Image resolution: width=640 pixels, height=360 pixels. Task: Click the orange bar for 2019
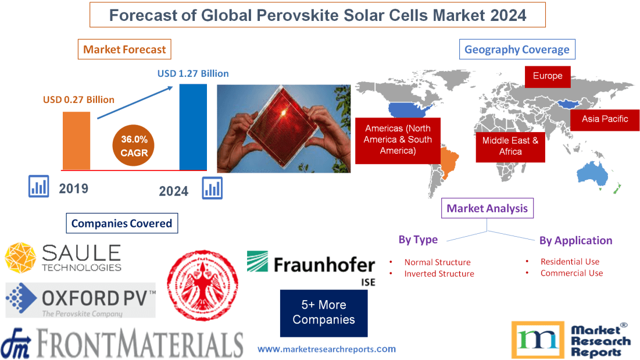click(76, 140)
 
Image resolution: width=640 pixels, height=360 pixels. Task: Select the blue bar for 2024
click(192, 127)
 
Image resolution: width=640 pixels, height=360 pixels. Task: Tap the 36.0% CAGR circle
click(134, 146)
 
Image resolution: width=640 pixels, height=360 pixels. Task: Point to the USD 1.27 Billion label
click(193, 74)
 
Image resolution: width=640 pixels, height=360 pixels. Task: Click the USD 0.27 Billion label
click(78, 99)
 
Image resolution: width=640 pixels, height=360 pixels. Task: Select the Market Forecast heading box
click(124, 49)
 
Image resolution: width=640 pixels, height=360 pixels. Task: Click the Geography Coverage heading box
click(517, 49)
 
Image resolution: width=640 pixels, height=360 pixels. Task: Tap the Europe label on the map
click(547, 76)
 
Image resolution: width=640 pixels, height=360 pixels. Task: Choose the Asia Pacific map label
click(606, 119)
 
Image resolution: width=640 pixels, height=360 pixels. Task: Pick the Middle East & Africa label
click(510, 146)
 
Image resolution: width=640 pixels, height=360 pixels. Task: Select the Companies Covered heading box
click(121, 223)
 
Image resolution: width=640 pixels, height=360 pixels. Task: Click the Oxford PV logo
click(81, 300)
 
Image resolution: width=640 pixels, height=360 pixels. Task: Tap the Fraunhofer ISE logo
click(311, 267)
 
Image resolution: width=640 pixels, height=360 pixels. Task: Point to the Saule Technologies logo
click(63, 258)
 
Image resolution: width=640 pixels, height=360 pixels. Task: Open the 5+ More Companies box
click(323, 312)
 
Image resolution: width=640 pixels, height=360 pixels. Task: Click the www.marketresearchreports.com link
click(326, 349)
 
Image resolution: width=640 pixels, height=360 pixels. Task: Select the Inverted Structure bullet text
click(439, 274)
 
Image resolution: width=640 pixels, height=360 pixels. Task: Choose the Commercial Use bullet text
click(571, 273)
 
